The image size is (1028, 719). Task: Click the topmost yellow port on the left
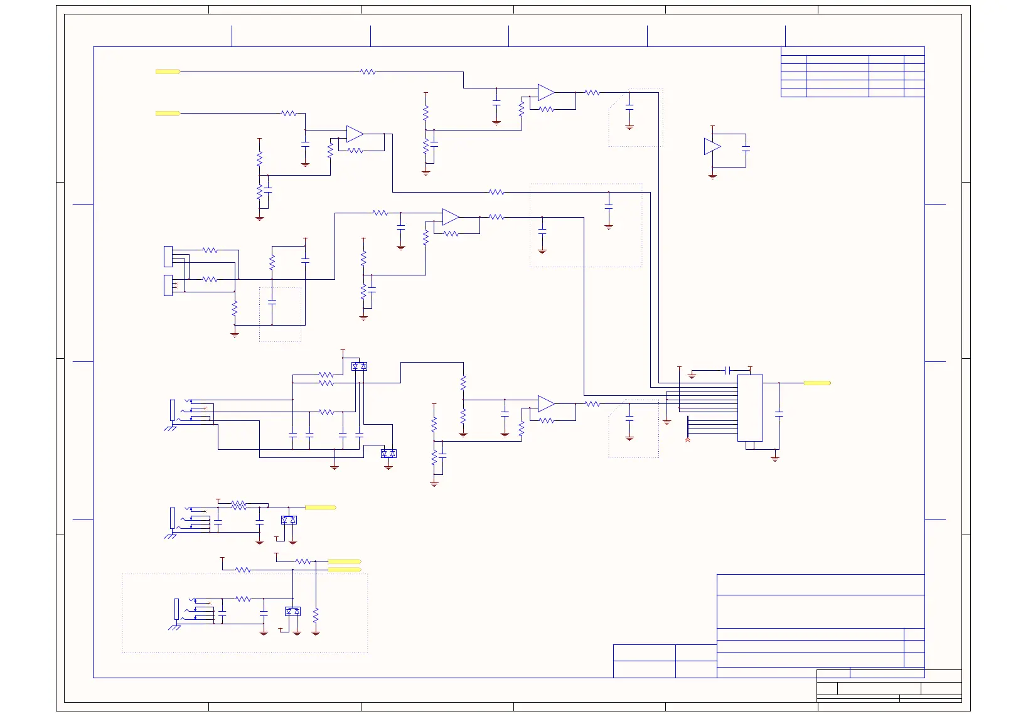[168, 72]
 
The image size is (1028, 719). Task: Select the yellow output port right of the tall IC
[817, 383]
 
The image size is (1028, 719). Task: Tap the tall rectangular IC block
[750, 408]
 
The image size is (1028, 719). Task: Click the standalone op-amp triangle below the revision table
[712, 147]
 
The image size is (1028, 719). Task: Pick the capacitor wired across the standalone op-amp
[746, 149]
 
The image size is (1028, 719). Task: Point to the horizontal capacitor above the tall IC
[727, 370]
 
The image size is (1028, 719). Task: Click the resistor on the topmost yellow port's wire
[368, 72]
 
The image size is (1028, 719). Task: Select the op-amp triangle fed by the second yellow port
[355, 134]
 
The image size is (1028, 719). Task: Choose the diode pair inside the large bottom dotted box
[292, 611]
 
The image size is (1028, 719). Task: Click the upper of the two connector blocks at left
[168, 256]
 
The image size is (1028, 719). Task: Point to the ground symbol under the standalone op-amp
[712, 177]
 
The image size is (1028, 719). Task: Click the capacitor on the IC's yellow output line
[779, 414]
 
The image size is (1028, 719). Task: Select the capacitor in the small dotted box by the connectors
[272, 302]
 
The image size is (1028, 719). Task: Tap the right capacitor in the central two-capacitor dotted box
[608, 206]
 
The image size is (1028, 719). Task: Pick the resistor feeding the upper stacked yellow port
[303, 562]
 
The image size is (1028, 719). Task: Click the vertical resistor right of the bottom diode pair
[316, 614]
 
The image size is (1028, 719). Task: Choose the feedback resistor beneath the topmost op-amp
[547, 109]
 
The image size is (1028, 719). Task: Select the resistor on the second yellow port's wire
[289, 114]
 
